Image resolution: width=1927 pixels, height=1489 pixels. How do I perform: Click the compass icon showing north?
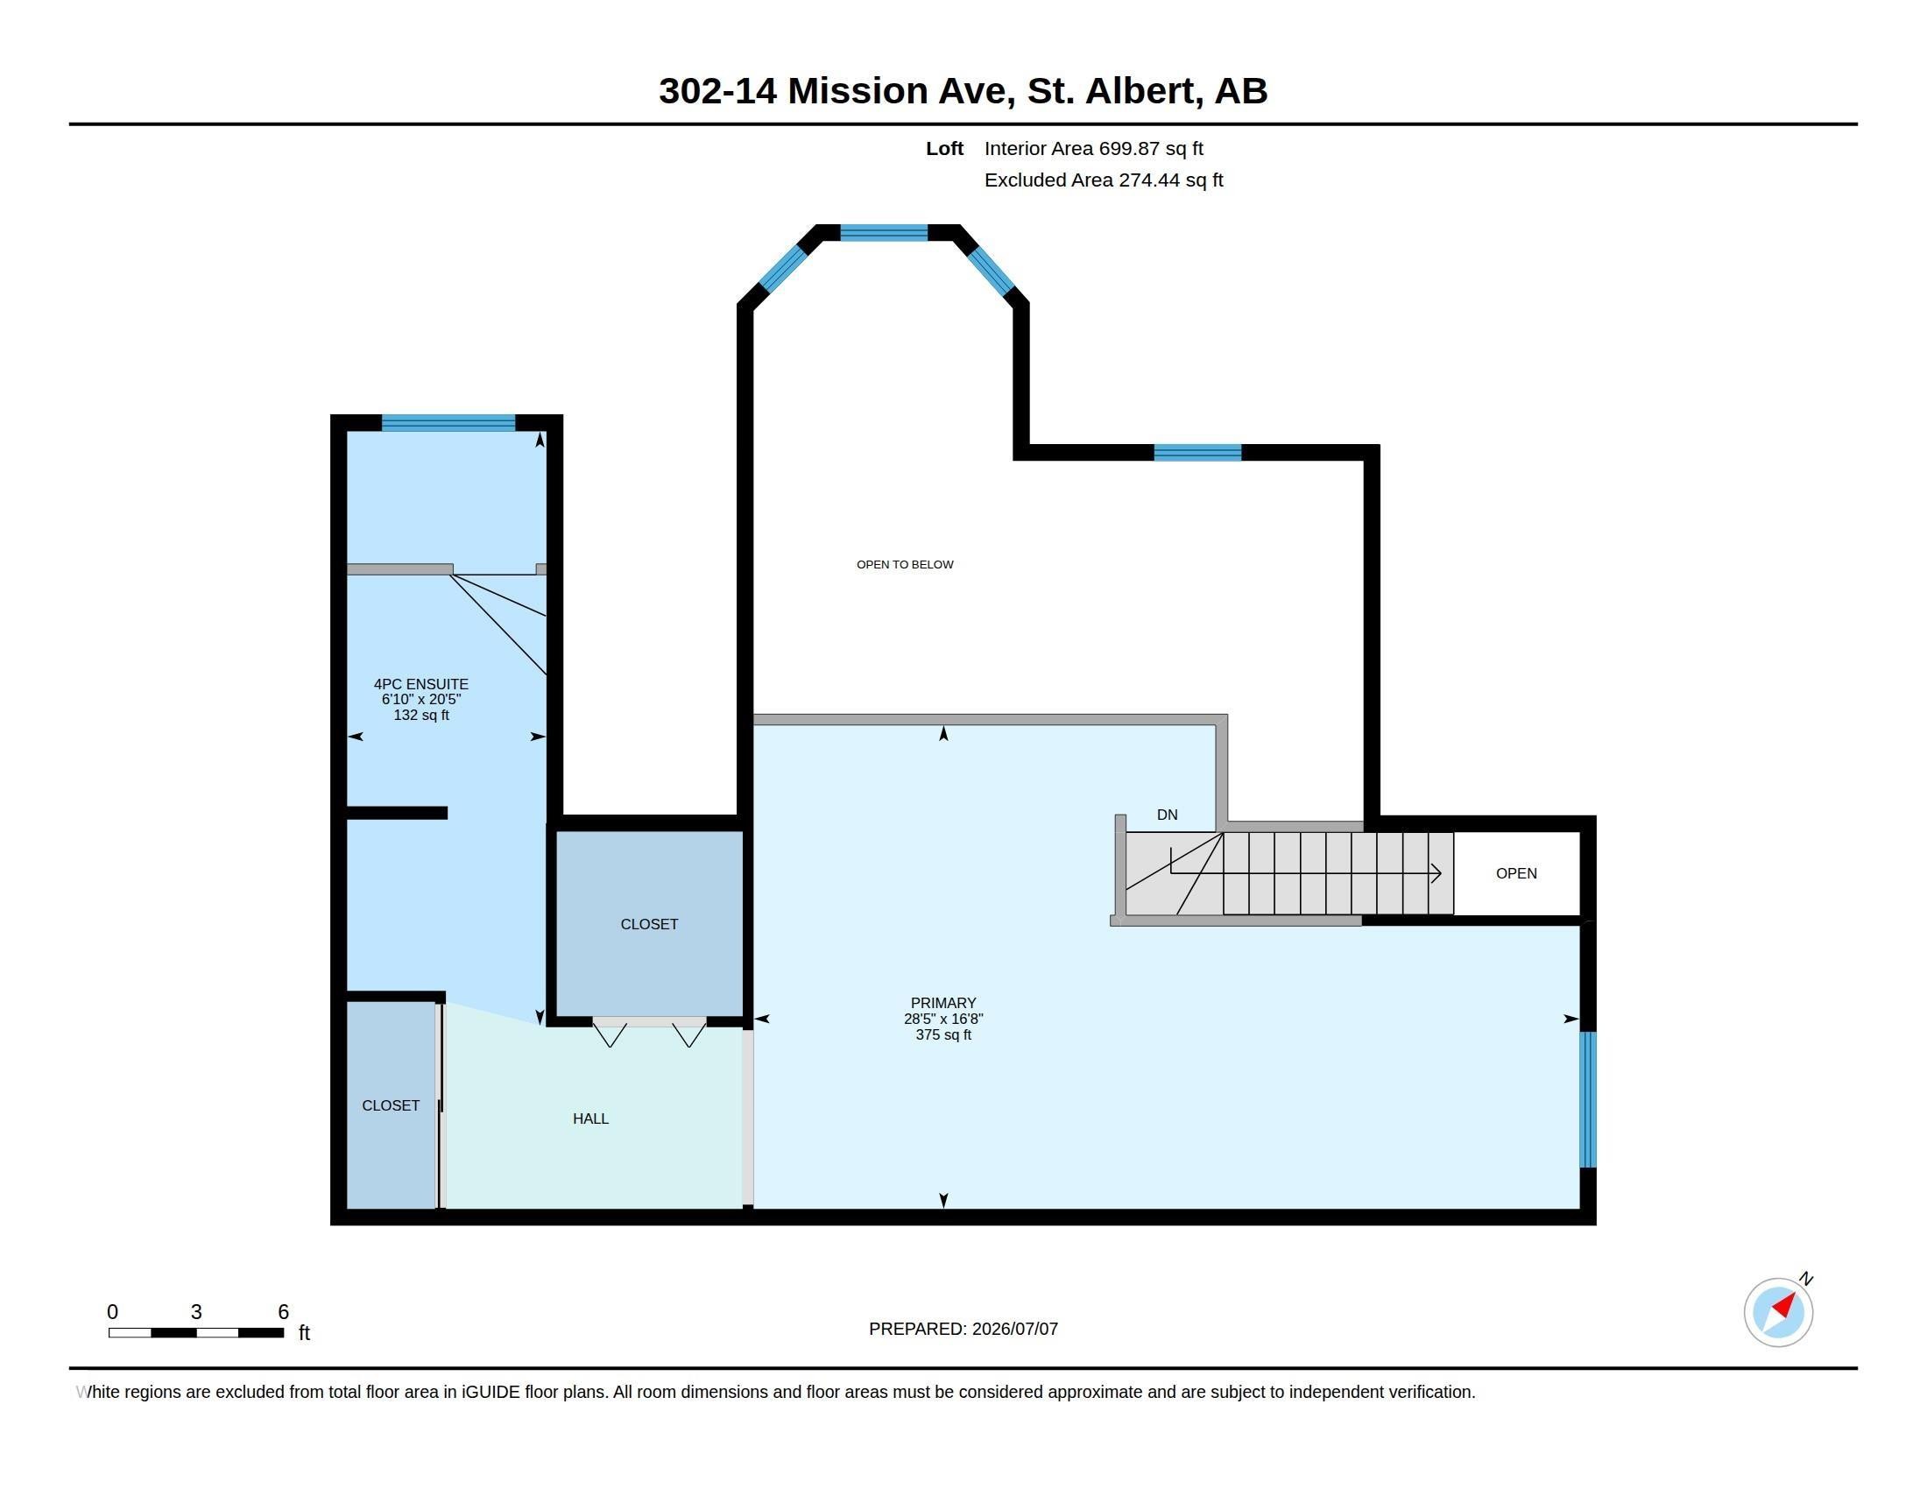[1778, 1311]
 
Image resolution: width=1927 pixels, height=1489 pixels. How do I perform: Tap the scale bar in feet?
[196, 1332]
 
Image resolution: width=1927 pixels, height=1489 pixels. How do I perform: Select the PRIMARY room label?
[943, 1003]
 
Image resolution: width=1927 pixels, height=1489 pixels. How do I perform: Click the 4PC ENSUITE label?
[420, 684]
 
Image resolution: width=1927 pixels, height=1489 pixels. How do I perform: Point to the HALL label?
[590, 1119]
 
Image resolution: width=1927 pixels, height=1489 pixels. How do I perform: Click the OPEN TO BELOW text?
[905, 565]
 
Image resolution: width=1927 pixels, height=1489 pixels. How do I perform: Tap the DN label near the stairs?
[1167, 815]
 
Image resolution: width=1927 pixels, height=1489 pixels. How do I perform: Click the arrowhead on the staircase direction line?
[1436, 873]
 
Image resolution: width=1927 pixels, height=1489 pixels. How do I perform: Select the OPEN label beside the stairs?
[1516, 873]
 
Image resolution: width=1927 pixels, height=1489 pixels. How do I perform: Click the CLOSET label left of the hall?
[390, 1105]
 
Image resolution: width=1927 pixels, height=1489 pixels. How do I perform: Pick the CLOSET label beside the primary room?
[648, 924]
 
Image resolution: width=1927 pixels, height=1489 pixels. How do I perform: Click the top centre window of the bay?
[883, 233]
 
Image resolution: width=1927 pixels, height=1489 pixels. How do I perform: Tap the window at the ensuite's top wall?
[448, 422]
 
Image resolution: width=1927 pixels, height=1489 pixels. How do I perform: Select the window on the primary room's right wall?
[1588, 1099]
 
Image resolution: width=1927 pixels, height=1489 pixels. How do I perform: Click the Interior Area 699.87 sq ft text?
[1093, 149]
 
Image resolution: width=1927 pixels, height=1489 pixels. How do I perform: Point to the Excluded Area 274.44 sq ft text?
[1103, 180]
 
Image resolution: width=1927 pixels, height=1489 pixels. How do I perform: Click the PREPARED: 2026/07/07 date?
[963, 1329]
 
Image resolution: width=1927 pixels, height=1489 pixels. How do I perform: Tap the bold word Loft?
[944, 149]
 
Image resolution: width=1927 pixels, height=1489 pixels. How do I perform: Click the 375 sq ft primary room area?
[943, 1034]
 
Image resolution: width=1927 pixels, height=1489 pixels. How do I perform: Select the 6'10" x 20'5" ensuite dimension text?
[420, 700]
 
